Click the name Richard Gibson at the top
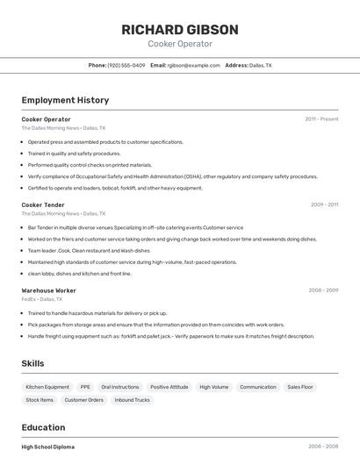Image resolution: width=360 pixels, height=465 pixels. pyautogui.click(x=180, y=29)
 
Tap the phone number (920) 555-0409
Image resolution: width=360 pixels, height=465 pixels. pyautogui.click(x=126, y=65)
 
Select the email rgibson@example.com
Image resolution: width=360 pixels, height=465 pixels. pyautogui.click(x=193, y=65)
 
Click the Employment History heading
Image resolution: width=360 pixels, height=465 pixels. pyautogui.click(x=65, y=100)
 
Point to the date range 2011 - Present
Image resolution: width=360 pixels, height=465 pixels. pyautogui.click(x=321, y=118)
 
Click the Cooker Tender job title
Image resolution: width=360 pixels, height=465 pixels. pyautogui.click(x=43, y=204)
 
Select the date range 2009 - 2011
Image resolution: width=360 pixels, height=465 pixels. pyautogui.click(x=324, y=204)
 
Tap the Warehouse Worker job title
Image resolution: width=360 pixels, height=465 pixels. pyautogui.click(x=48, y=290)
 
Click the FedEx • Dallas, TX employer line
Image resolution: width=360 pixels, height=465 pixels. pyautogui.click(x=42, y=299)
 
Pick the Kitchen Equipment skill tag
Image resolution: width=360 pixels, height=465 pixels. pyautogui.click(x=47, y=387)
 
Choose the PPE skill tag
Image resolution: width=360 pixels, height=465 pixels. pyautogui.click(x=85, y=387)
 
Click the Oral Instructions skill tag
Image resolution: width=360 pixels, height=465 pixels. pyautogui.click(x=119, y=387)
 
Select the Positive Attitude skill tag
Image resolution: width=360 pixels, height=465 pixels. pyautogui.click(x=169, y=387)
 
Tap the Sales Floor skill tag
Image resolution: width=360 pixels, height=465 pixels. pyautogui.click(x=300, y=387)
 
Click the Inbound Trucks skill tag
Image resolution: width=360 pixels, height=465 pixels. pyautogui.click(x=132, y=400)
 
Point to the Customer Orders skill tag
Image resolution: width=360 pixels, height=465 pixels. pyautogui.click(x=83, y=400)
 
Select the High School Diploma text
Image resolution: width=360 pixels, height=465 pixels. pyautogui.click(x=48, y=447)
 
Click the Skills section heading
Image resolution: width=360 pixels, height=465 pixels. pyautogui.click(x=32, y=363)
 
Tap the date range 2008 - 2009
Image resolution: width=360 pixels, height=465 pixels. pyautogui.click(x=323, y=290)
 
